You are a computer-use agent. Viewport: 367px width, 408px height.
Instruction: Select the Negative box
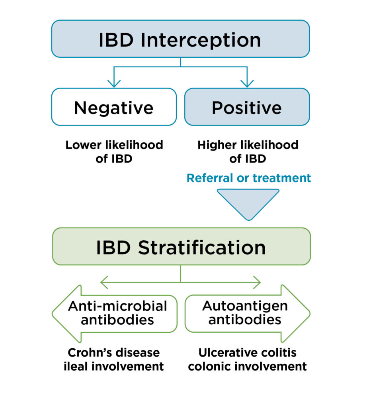point(114,107)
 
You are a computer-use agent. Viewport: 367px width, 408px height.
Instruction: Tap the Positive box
point(247,107)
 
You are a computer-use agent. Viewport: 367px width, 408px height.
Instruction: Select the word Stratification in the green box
point(202,247)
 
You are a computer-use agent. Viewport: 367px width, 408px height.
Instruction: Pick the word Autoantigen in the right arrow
point(244,306)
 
